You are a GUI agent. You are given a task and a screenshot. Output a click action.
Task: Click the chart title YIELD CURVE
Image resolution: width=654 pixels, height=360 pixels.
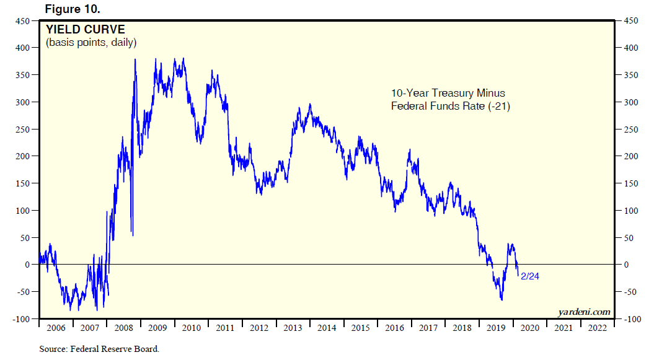(x=85, y=30)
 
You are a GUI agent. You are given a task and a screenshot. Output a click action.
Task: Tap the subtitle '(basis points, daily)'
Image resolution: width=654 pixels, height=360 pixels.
(x=91, y=43)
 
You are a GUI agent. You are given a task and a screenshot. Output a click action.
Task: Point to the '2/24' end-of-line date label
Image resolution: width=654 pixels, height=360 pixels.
(x=531, y=276)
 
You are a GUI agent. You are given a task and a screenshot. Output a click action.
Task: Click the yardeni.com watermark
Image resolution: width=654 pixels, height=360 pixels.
(x=585, y=312)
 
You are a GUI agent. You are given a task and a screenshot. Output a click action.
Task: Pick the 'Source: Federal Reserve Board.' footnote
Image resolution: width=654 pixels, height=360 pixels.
(x=99, y=349)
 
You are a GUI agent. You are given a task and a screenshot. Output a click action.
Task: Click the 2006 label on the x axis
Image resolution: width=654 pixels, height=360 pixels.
(x=56, y=328)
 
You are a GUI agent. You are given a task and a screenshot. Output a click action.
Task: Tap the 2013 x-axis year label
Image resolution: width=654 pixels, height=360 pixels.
(x=293, y=328)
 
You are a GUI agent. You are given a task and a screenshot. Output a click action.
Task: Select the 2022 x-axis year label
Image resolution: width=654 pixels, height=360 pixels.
(x=597, y=328)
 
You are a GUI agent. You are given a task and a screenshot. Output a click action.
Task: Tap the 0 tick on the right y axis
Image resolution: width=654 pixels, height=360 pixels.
(x=625, y=265)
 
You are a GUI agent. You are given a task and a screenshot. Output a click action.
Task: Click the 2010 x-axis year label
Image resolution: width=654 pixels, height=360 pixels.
(x=191, y=328)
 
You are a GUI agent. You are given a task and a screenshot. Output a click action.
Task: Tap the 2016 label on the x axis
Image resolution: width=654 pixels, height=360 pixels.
(x=394, y=328)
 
